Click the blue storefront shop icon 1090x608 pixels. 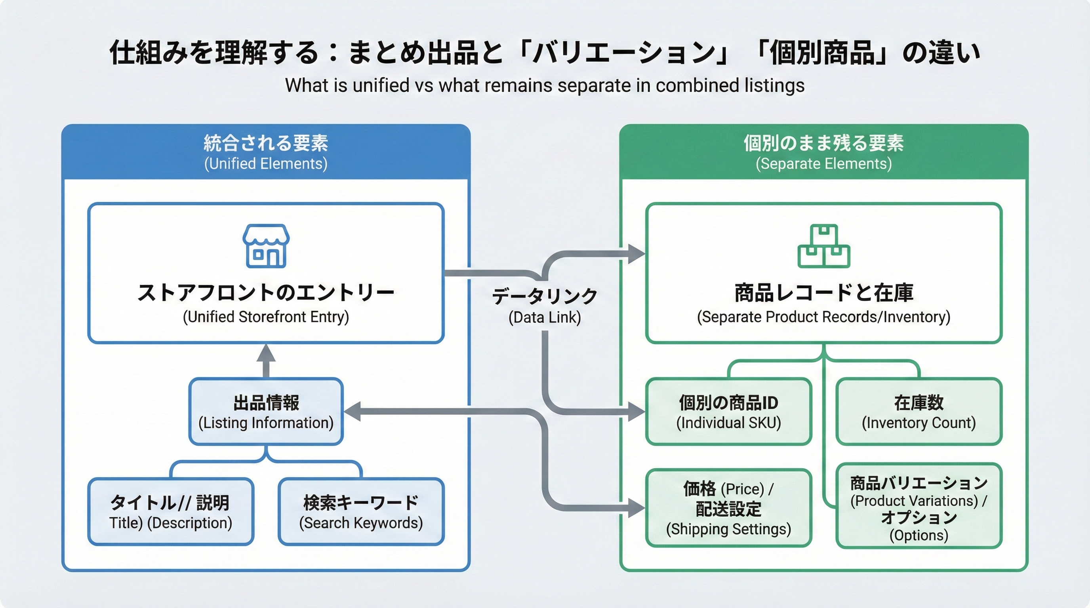[266, 246]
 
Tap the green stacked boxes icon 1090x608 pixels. [823, 246]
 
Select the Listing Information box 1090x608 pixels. [266, 412]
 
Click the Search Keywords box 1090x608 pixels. [361, 512]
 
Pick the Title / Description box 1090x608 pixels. [171, 512]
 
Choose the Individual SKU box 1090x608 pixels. [728, 412]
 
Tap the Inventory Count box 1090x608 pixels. [918, 412]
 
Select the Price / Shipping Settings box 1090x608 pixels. [728, 508]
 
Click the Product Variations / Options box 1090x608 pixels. [918, 507]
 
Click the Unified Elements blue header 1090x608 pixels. [266, 152]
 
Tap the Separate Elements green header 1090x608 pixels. [823, 152]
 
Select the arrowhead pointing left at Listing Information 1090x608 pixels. [352, 411]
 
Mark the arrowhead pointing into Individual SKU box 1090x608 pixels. [636, 411]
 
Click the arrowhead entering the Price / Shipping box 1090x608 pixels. [636, 508]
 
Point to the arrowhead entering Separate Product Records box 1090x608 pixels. [636, 254]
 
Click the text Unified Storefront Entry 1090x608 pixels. [266, 317]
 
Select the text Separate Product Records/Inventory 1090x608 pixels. [823, 317]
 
